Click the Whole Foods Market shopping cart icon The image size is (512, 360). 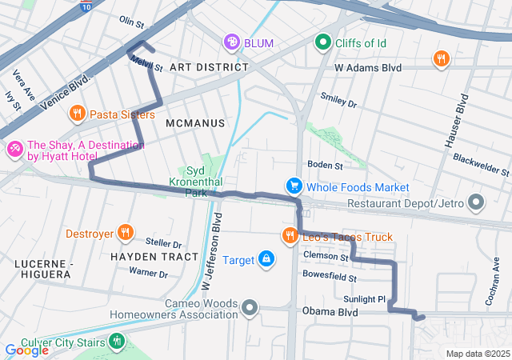pos(294,186)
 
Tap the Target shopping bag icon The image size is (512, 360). pos(266,259)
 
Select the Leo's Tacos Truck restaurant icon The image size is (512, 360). pos(289,236)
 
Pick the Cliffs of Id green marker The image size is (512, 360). pos(323,41)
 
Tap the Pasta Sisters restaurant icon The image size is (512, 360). pos(77,114)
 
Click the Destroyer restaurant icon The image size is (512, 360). pos(125,234)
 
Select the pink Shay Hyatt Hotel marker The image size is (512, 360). pos(14,150)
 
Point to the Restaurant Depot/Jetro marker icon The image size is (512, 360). pos(477,202)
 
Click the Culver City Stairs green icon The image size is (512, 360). pos(118,342)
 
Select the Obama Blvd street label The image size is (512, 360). pos(329,311)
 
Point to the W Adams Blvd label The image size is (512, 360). pos(368,69)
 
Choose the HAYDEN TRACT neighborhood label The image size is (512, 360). pos(154,257)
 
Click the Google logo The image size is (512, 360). pos(26,350)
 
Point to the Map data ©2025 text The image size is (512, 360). pos(477,354)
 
